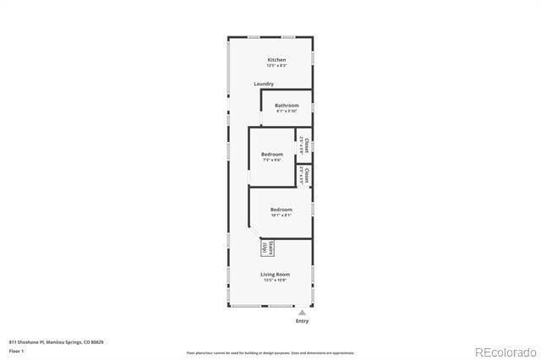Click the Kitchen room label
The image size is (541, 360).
click(276, 60)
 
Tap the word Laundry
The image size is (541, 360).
click(264, 84)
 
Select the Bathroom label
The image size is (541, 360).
click(287, 105)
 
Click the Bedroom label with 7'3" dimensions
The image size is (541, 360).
click(271, 154)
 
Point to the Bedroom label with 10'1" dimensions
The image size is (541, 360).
click(281, 209)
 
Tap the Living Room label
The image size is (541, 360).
click(275, 274)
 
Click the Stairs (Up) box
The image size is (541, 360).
click(265, 247)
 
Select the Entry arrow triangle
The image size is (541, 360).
click(302, 313)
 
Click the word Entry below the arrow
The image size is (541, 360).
click(302, 321)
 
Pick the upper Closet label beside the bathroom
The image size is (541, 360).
click(305, 145)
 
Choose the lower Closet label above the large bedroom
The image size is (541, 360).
click(306, 176)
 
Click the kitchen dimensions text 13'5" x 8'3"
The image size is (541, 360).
click(276, 66)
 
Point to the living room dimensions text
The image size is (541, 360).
click(275, 280)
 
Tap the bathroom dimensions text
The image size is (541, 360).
click(287, 111)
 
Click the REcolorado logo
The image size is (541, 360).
click(505, 352)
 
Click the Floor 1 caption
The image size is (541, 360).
click(17, 350)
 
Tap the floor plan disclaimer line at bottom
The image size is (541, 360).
click(270, 353)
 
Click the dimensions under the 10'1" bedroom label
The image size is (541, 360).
click(281, 215)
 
